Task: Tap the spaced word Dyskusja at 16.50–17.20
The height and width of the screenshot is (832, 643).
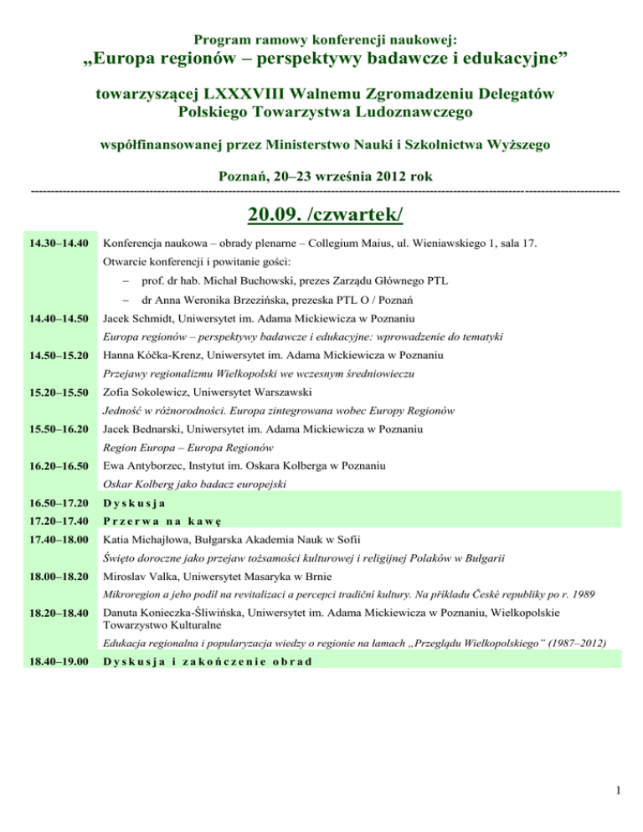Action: coord(132,503)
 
